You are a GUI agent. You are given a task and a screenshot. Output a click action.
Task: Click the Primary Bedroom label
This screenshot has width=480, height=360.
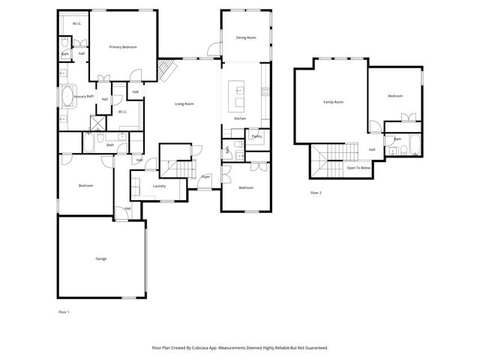[123, 47]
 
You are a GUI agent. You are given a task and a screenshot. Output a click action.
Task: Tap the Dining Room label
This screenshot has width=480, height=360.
[246, 37]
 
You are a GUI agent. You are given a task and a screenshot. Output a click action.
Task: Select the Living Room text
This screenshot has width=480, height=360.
[184, 103]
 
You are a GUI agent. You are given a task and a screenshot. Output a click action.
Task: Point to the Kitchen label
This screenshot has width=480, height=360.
[240, 119]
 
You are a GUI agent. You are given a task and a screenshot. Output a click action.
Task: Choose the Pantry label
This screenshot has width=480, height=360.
[256, 136]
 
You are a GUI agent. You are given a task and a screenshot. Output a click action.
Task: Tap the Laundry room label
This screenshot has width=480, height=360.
[159, 185]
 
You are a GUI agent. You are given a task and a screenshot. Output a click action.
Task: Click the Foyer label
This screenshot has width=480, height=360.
[205, 177]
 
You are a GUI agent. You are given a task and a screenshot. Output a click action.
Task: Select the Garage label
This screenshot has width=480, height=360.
[101, 259]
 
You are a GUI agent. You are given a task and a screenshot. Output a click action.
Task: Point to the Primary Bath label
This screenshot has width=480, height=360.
[84, 97]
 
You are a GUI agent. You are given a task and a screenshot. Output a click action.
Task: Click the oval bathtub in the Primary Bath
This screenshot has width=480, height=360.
[67, 97]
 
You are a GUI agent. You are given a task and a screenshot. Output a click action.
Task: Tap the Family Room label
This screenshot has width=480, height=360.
[333, 101]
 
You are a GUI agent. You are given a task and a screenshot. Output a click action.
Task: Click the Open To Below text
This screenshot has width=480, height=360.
[358, 168]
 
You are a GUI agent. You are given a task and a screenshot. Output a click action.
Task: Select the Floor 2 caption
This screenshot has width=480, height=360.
[316, 193]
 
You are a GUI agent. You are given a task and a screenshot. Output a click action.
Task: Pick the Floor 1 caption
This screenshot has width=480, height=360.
[64, 310]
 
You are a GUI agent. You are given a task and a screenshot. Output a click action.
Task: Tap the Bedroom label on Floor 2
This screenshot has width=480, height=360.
[395, 96]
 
